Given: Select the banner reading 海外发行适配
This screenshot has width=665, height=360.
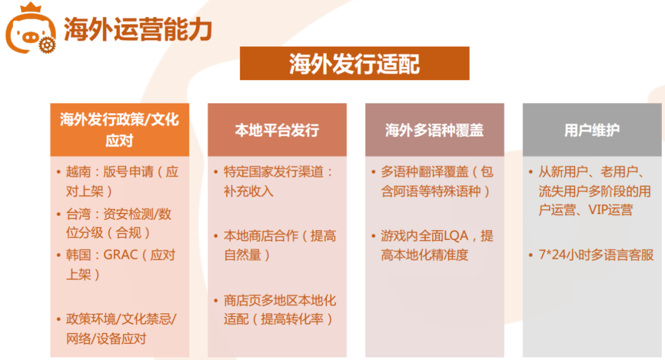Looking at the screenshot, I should click(x=354, y=63).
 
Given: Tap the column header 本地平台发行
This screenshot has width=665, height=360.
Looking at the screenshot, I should click(x=276, y=130).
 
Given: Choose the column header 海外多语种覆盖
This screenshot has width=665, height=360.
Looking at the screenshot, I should click(x=434, y=130).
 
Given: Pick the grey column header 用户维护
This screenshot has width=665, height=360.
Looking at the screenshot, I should click(x=592, y=130).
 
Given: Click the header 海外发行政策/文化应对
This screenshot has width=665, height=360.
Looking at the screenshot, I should click(x=119, y=129).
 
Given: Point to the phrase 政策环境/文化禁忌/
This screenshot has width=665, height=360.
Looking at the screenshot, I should click(x=121, y=319).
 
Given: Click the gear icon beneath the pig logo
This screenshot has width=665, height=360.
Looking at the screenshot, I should click(x=45, y=45).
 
